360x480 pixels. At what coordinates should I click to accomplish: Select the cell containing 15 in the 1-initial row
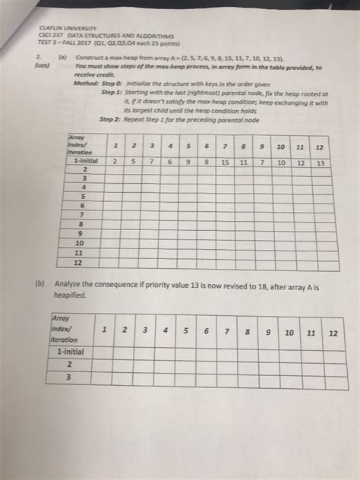point(225,163)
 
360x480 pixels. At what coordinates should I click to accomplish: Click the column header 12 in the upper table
point(319,147)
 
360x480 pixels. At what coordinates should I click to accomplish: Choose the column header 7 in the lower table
point(226,332)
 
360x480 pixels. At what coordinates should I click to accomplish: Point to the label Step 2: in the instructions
point(112,118)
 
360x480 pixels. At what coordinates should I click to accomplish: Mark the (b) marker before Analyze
point(40,285)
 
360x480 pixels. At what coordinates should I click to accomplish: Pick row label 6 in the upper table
point(80,204)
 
